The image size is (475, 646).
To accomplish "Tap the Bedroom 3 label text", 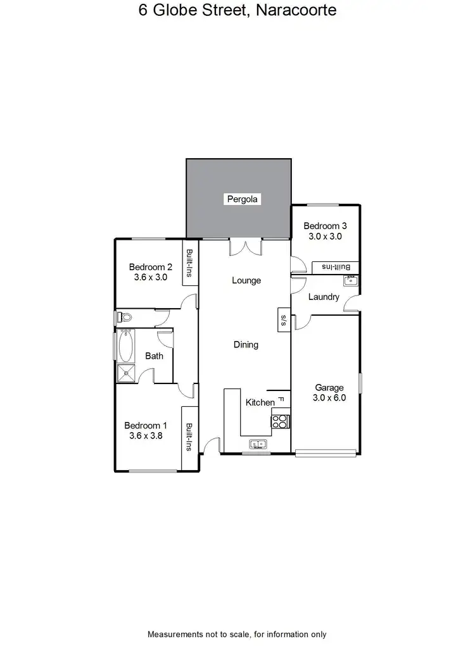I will [x=325, y=226].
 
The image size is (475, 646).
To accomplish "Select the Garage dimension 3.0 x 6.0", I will [x=329, y=398].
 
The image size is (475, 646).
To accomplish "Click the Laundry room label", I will [x=324, y=297].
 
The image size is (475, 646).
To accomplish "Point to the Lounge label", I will [x=246, y=280].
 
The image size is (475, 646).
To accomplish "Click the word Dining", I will [x=246, y=345].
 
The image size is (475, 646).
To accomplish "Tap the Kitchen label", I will [x=260, y=402].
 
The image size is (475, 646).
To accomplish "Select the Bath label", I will [x=154, y=356].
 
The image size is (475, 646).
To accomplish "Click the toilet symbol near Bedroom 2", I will [x=123, y=318].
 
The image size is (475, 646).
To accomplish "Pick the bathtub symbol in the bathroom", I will [x=124, y=346].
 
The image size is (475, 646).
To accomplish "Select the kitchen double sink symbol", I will [x=258, y=444].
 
